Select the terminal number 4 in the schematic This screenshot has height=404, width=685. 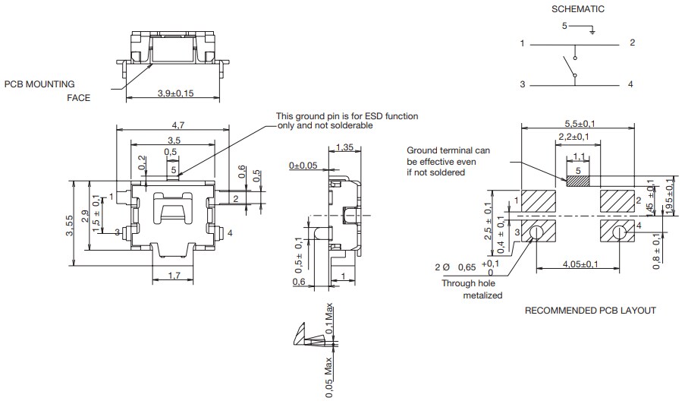[630, 84]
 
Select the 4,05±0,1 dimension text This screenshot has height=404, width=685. [580, 264]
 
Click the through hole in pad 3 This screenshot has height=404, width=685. [537, 232]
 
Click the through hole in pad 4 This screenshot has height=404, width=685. [620, 232]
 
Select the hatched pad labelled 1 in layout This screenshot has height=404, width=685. [540, 201]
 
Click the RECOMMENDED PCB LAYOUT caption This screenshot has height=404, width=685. [590, 311]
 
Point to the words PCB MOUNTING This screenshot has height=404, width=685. [39, 85]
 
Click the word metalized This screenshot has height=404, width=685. [482, 295]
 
